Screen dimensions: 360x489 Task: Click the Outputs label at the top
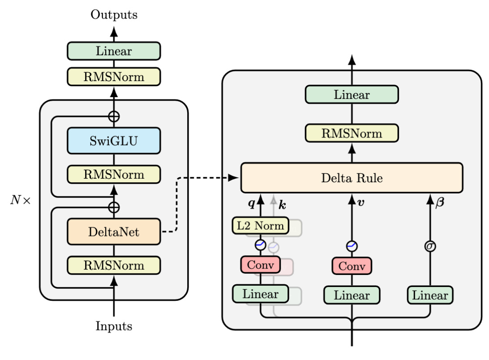click(x=114, y=15)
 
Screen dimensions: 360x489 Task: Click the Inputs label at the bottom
click(x=114, y=326)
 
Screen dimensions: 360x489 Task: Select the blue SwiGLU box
click(x=114, y=141)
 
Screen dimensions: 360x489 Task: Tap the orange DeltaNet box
click(x=114, y=231)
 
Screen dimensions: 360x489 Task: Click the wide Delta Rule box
click(x=352, y=178)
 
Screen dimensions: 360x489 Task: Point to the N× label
click(x=21, y=200)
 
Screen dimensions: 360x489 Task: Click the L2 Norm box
click(x=260, y=226)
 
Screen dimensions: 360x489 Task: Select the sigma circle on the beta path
click(x=430, y=246)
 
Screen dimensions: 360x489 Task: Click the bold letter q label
click(x=252, y=204)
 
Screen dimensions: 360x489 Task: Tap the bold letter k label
click(x=282, y=205)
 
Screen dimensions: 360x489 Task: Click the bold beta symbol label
click(x=440, y=203)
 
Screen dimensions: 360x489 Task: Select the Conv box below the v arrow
click(x=352, y=266)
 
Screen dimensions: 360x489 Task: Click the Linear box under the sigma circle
click(x=430, y=296)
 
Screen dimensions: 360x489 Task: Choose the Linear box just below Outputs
click(x=114, y=51)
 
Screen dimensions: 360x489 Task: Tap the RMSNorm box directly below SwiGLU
click(x=114, y=174)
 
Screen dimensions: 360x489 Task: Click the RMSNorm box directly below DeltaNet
click(x=114, y=265)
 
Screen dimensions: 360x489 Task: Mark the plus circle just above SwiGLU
click(x=114, y=116)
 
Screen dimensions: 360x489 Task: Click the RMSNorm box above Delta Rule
click(x=352, y=133)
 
